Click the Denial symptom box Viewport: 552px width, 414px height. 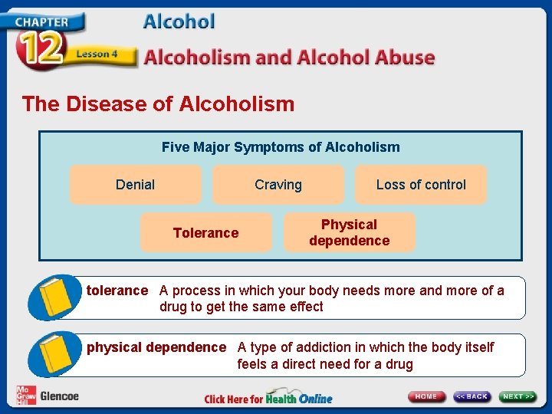(135, 185)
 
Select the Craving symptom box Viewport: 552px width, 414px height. (278, 185)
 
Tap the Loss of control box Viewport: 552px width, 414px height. (421, 185)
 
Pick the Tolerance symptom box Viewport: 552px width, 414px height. (205, 232)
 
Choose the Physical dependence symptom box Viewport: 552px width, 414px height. (349, 232)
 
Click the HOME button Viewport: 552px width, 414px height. (426, 396)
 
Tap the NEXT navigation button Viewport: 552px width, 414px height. (518, 396)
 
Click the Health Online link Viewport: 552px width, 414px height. (299, 399)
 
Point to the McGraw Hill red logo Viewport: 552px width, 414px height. (25, 395)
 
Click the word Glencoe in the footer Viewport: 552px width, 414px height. (59, 396)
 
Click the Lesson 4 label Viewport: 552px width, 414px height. (97, 54)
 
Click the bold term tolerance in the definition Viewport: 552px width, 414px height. (117, 291)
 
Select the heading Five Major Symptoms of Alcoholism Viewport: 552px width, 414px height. (281, 146)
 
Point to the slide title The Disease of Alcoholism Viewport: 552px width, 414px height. (158, 103)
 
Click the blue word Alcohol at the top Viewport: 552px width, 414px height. (179, 21)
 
